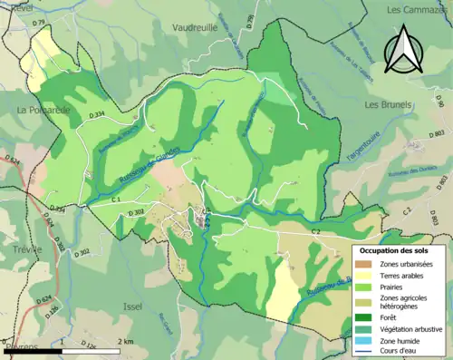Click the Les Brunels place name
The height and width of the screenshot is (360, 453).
coord(388,105)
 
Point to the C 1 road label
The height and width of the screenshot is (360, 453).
coord(116,198)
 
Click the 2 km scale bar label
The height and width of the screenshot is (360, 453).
coord(125,341)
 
